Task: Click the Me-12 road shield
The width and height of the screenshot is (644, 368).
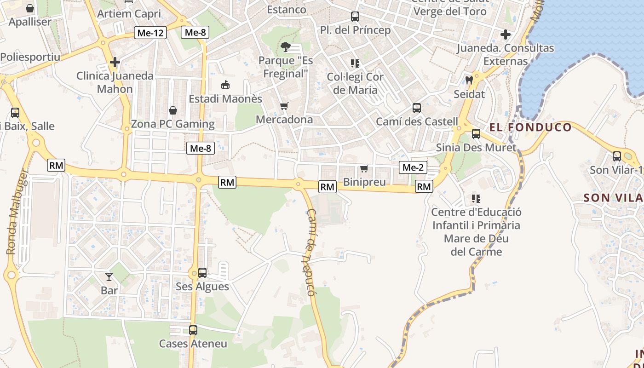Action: click(x=150, y=33)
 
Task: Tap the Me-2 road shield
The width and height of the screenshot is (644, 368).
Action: click(x=413, y=167)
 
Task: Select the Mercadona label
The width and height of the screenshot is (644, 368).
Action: click(x=284, y=120)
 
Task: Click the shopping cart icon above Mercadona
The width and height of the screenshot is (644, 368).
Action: click(x=284, y=106)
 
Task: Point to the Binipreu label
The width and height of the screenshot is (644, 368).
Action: click(x=364, y=182)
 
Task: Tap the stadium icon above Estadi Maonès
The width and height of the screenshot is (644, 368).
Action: click(x=225, y=85)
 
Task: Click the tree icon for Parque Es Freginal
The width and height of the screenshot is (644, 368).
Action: click(x=286, y=46)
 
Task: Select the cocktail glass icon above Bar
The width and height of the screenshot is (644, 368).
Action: click(x=109, y=277)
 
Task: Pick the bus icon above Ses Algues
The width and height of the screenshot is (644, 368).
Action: click(x=202, y=273)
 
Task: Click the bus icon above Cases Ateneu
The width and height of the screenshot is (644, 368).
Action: click(x=193, y=330)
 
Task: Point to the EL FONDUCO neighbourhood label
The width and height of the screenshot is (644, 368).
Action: click(x=530, y=127)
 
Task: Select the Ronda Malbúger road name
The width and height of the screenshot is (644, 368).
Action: click(x=17, y=212)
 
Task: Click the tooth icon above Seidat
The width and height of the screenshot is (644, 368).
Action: click(x=469, y=80)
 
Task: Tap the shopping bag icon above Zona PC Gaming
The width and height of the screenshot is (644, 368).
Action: click(x=173, y=110)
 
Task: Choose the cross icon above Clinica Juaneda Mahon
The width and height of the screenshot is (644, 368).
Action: click(x=115, y=62)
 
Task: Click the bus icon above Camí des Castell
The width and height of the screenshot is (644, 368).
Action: click(x=417, y=108)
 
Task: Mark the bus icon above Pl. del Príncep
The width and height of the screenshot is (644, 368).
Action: click(x=355, y=17)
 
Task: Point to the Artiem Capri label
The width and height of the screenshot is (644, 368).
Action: click(x=129, y=14)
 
